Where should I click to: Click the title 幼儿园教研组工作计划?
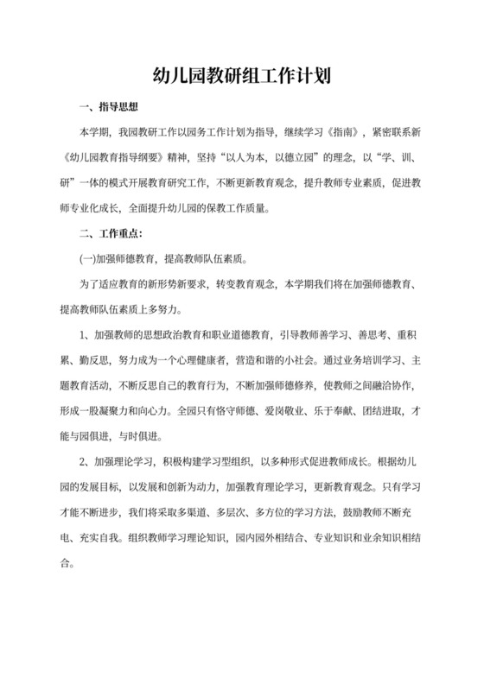point(242,78)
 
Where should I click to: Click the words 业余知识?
point(390,534)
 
